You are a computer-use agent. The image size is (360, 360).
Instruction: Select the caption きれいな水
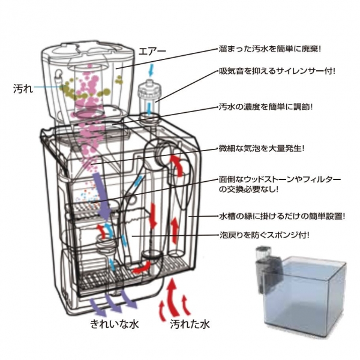114,325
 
